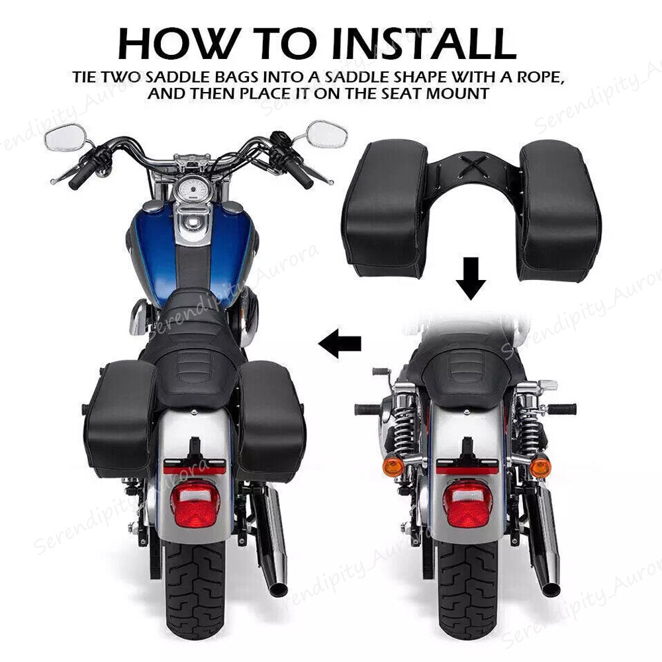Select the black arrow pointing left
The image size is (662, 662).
pyautogui.click(x=340, y=343)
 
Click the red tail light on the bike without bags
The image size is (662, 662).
pyautogui.click(x=467, y=502)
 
